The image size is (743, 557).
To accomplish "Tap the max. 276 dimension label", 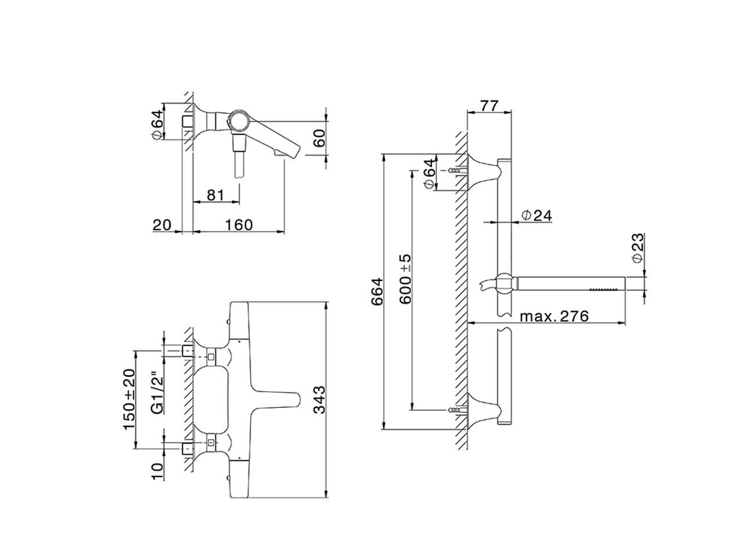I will (554, 316).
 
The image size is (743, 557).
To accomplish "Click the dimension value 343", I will (318, 399).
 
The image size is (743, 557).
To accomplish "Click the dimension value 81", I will (215, 194).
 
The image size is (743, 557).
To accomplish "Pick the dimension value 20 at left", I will (162, 225).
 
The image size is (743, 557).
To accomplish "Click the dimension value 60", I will (319, 139).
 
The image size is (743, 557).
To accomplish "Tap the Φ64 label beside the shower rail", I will (428, 172).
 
